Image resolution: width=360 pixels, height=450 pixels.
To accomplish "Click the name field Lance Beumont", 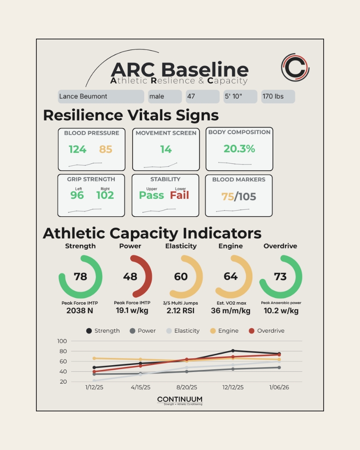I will [x=101, y=96].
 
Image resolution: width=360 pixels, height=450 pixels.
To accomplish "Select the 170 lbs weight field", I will [x=278, y=96].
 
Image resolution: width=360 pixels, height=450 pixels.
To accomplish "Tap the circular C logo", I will [x=295, y=68].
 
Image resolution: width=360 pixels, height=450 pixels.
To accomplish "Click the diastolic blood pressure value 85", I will [x=106, y=149].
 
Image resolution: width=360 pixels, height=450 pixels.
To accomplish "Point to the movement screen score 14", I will [x=166, y=149].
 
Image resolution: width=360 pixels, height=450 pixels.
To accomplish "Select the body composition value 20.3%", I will [x=239, y=149].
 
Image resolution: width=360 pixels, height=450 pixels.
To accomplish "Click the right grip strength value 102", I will [x=105, y=195].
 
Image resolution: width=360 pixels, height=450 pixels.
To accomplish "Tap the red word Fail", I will [x=180, y=195].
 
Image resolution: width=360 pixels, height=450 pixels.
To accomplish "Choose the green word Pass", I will [x=151, y=195].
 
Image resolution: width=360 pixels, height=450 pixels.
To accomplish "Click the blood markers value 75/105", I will [x=239, y=196].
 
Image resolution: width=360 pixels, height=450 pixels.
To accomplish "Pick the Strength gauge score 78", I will [x=80, y=277].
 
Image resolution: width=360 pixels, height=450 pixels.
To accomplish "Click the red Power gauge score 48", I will [x=130, y=277].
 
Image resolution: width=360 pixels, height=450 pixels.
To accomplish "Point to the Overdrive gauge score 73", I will [x=280, y=277].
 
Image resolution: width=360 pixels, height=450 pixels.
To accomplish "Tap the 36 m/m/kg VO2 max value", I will [x=230, y=311].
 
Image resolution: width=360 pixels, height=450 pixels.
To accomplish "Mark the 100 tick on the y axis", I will [x=62, y=341].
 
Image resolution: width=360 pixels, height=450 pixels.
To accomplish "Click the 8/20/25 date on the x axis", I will [x=186, y=387].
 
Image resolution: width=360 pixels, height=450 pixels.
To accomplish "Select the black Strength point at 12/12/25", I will [x=233, y=351].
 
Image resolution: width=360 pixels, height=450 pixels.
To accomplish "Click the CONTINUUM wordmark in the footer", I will [x=180, y=400].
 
